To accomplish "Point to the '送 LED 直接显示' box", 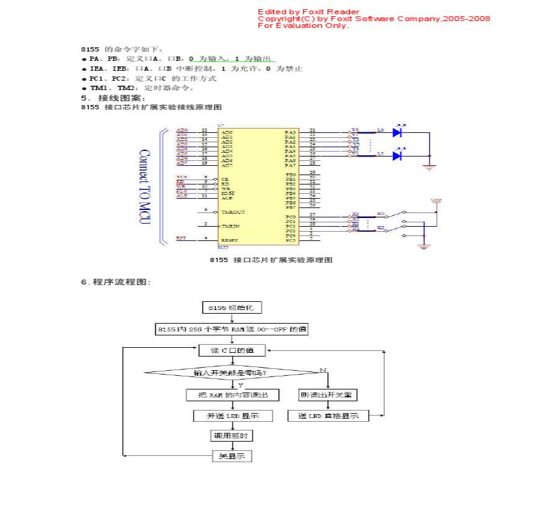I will click(x=328, y=416).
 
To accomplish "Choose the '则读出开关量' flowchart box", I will click(x=328, y=395).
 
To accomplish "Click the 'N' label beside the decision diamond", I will click(x=323, y=370).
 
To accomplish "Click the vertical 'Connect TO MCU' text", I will click(x=144, y=186).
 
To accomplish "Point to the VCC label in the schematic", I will click(x=437, y=201).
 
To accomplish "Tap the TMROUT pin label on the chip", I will click(x=233, y=212).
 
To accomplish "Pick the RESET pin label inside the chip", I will click(x=229, y=240).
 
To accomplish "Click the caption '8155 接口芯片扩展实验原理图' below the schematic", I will click(x=271, y=260).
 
